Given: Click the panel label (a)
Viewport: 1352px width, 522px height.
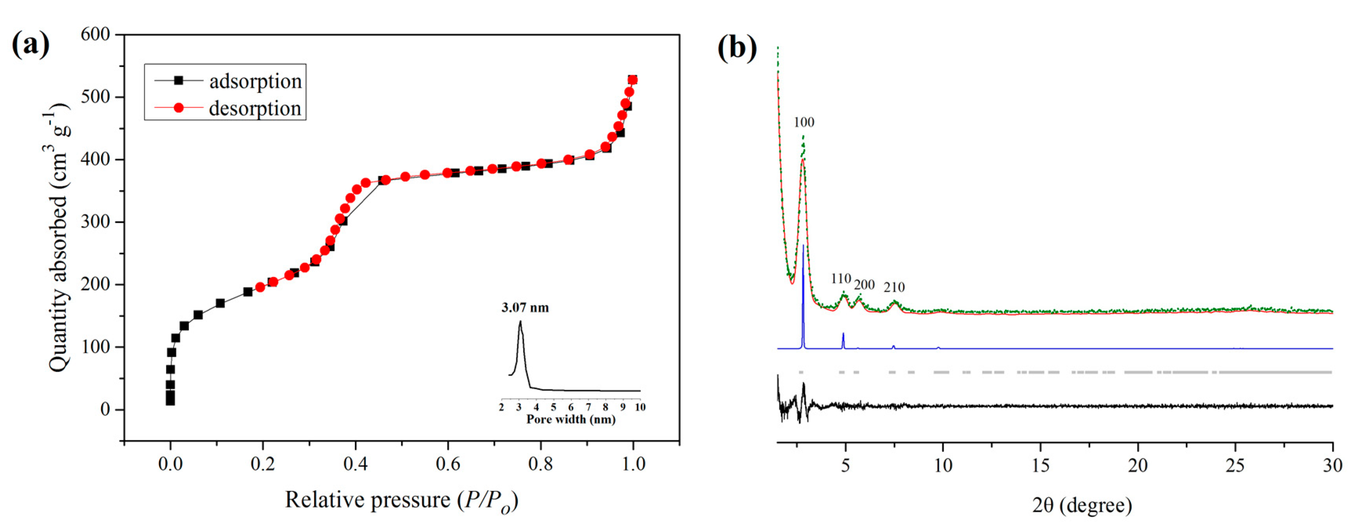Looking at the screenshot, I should (x=31, y=45).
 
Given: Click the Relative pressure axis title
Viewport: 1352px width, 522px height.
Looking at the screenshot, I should (x=401, y=500).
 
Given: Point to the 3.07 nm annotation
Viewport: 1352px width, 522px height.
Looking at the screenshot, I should (x=525, y=308).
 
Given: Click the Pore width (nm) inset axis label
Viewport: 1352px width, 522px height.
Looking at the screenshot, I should (x=570, y=419).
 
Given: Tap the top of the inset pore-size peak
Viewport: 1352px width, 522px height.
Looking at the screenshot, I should (x=520, y=322).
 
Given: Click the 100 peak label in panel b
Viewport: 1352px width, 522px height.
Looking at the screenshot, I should (x=803, y=122).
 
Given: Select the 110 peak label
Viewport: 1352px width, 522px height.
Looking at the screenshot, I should (x=840, y=279).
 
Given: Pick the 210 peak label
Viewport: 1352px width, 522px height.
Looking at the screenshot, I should (x=894, y=287).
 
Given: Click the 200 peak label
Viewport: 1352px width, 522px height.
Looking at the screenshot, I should (x=864, y=285).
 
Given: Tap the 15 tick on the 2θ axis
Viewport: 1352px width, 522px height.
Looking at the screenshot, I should (x=1040, y=465).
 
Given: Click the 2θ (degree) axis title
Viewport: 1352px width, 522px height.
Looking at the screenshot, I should (x=1082, y=505).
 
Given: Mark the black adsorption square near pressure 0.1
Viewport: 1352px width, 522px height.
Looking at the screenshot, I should (x=220, y=303).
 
